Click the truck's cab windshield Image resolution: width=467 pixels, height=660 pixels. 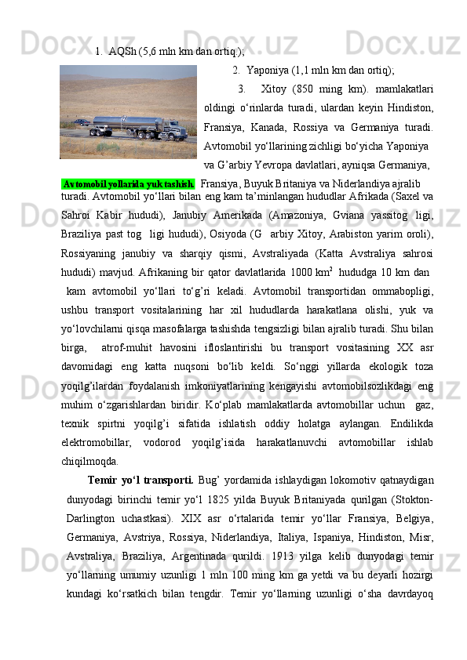179,122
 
